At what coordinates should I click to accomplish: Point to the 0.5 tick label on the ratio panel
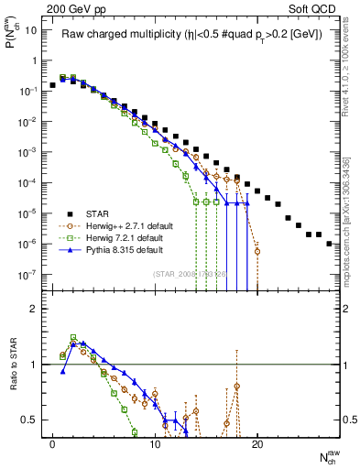tap(29, 420)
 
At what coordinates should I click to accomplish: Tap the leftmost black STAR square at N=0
tap(52, 85)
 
